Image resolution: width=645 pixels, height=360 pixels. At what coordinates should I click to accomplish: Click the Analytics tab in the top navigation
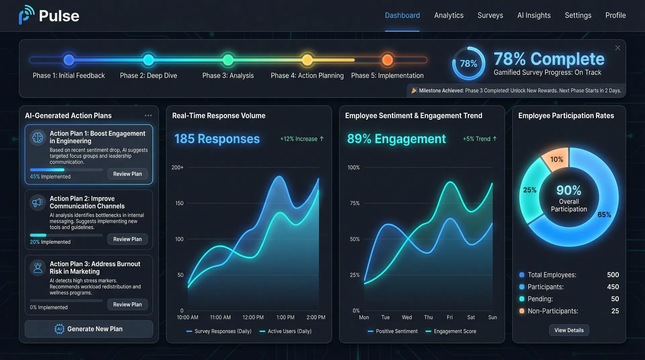click(x=448, y=15)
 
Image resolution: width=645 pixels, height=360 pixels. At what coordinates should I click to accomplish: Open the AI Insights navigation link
click(x=534, y=15)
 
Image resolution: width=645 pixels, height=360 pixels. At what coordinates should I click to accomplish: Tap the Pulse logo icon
click(x=26, y=15)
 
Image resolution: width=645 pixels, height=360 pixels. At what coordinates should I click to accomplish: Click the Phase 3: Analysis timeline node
click(x=228, y=60)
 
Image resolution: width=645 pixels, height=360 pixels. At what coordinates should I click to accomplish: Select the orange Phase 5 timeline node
click(x=387, y=60)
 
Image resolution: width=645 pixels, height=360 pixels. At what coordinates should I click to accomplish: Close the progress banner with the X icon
click(x=617, y=48)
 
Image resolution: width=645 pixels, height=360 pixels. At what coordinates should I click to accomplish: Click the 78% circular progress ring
click(x=468, y=63)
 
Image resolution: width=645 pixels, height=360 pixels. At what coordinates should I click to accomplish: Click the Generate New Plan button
click(x=89, y=329)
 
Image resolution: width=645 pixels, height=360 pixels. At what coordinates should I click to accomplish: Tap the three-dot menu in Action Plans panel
click(x=148, y=116)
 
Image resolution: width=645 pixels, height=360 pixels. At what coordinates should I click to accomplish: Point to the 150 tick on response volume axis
click(x=179, y=203)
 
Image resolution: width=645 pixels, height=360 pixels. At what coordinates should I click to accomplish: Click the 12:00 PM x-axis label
click(x=253, y=317)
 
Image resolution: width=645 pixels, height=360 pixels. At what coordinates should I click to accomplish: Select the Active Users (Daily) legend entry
click(x=286, y=331)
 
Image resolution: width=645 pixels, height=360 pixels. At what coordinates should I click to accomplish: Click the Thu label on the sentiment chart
click(x=428, y=317)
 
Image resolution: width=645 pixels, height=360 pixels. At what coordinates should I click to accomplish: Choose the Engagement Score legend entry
click(x=451, y=331)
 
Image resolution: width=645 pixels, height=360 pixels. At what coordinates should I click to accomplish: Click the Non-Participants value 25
click(x=615, y=311)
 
